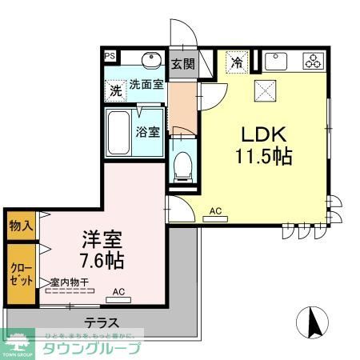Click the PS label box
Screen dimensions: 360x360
(x=110, y=57)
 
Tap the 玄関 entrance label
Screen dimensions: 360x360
(x=182, y=64)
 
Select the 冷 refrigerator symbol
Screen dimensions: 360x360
(x=237, y=62)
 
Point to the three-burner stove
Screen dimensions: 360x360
(x=311, y=61)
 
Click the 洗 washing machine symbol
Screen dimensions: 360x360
(x=117, y=90)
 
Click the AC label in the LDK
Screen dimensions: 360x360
(x=214, y=211)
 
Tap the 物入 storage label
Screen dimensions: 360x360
(x=22, y=226)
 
